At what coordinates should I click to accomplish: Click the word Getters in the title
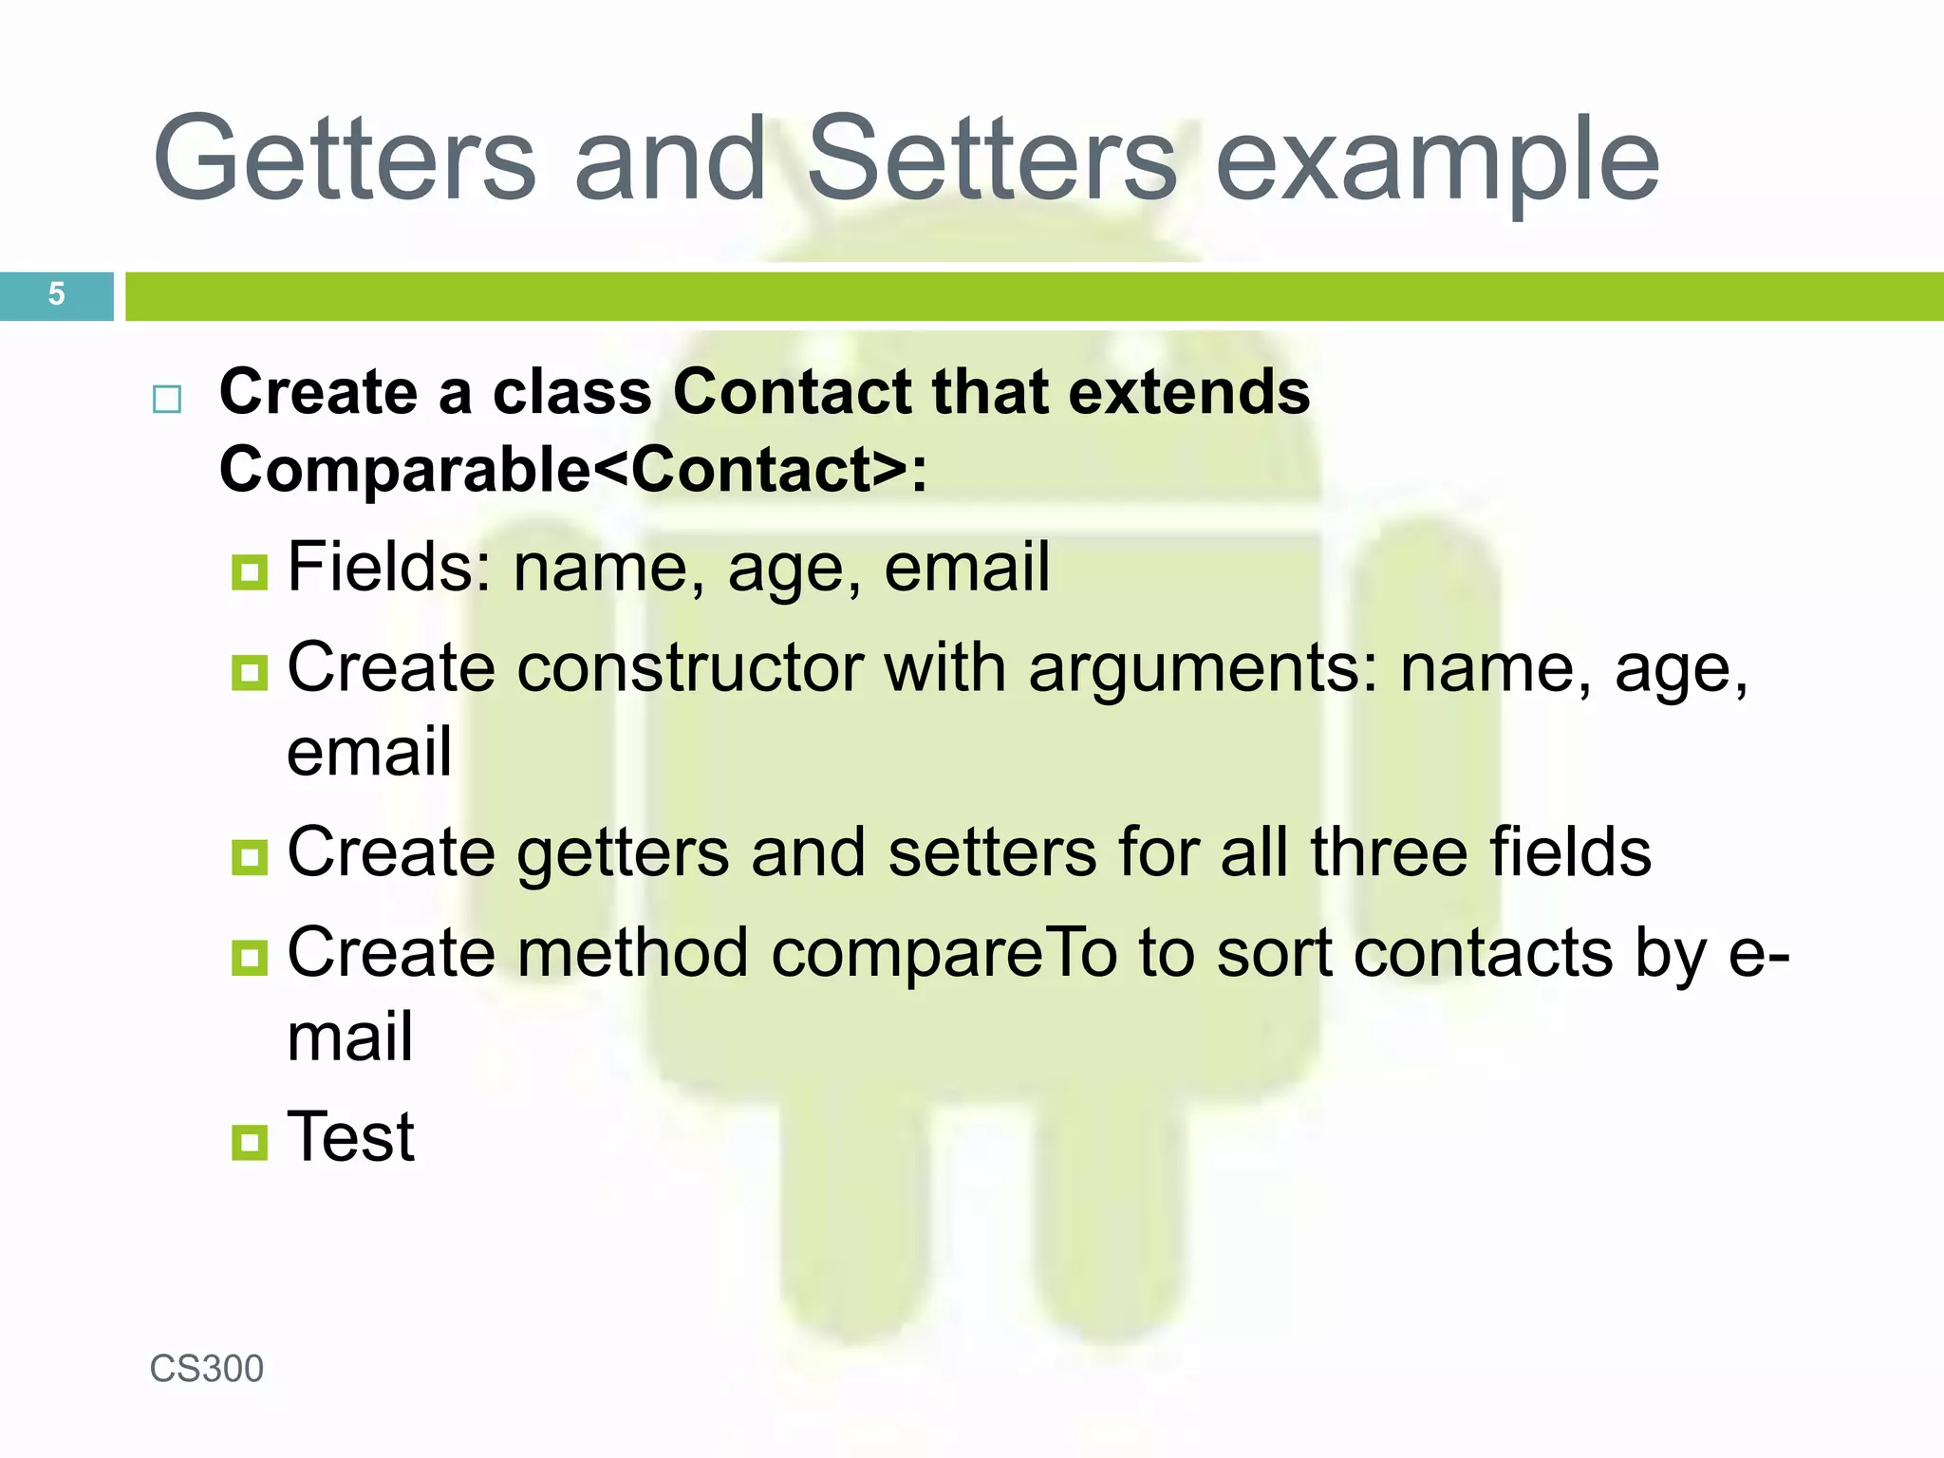click(345, 159)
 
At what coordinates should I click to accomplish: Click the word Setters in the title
click(992, 159)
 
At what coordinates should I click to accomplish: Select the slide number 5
click(56, 294)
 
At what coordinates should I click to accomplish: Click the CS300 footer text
click(207, 1369)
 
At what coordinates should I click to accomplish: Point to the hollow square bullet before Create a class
click(167, 400)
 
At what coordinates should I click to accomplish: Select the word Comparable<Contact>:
click(573, 470)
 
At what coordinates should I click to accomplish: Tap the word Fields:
click(389, 567)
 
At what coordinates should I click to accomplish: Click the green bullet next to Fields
click(250, 572)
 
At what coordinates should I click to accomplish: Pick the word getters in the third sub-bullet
click(623, 852)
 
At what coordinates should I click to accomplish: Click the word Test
click(351, 1136)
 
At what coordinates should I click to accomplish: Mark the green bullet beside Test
click(250, 1142)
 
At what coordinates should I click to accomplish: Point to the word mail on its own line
click(350, 1037)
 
